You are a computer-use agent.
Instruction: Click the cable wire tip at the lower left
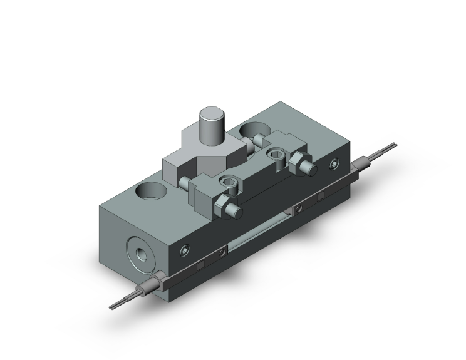[x=116, y=304]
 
